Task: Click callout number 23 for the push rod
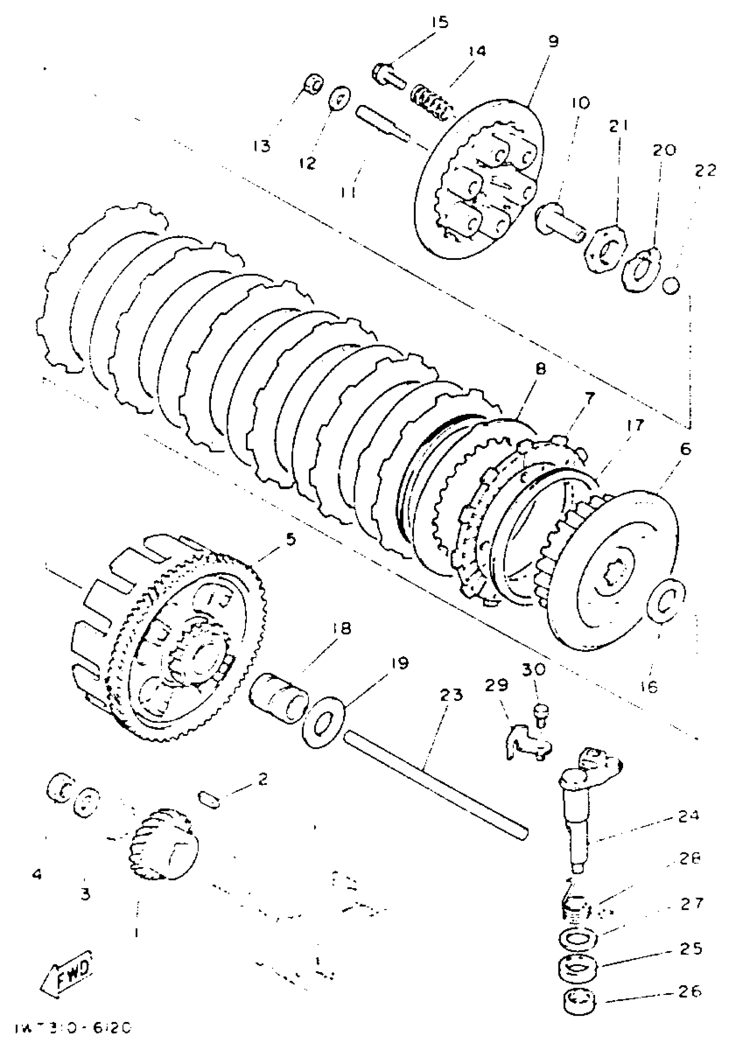click(x=451, y=695)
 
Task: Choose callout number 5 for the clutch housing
click(x=291, y=539)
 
